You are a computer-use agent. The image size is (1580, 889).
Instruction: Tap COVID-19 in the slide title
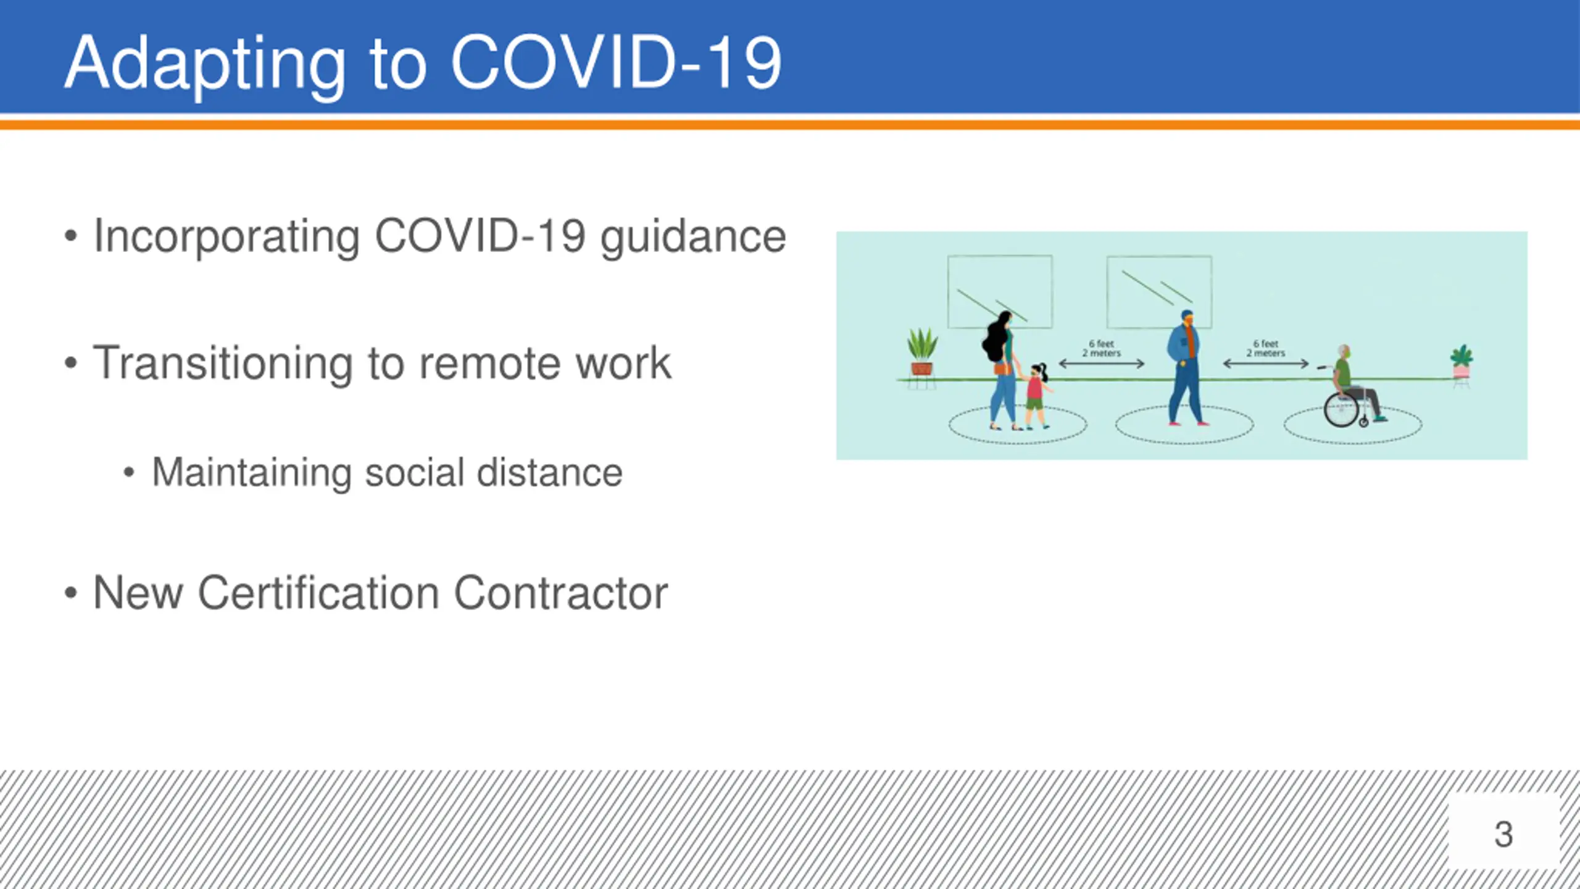[617, 62]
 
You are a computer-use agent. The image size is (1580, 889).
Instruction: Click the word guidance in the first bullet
[693, 238]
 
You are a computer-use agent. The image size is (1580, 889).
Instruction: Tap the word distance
[549, 473]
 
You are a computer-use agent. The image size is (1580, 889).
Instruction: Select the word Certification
[318, 593]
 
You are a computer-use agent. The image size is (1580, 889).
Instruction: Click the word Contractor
[561, 593]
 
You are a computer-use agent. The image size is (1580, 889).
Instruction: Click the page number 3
[1503, 834]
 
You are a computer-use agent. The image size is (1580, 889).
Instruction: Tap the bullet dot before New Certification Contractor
[71, 593]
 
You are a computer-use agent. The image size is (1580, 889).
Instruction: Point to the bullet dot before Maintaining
[128, 473]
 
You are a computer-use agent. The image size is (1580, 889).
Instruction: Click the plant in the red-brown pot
[922, 353]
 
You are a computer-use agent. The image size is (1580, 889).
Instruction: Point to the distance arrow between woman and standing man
[1102, 364]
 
